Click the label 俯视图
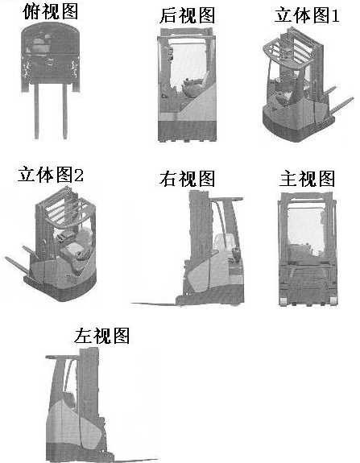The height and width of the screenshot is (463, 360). pos(51,11)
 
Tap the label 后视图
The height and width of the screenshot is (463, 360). pos(187,15)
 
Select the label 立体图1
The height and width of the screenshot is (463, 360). pos(307,15)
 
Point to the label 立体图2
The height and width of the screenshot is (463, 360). pos(51,175)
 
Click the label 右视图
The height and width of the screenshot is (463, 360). pos(187,178)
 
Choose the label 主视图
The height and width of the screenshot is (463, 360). pos(307,178)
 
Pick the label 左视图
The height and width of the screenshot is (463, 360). pos(102,336)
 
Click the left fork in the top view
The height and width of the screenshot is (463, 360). pos(36,111)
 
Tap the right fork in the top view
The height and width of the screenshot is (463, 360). pos(65,111)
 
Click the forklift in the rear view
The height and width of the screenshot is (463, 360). pos(187,85)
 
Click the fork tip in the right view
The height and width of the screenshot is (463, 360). pos(132,303)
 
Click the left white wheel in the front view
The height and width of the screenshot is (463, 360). pos(283,301)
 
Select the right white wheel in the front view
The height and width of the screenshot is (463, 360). pos(333,301)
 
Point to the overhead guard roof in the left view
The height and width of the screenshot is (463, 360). pos(63,358)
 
